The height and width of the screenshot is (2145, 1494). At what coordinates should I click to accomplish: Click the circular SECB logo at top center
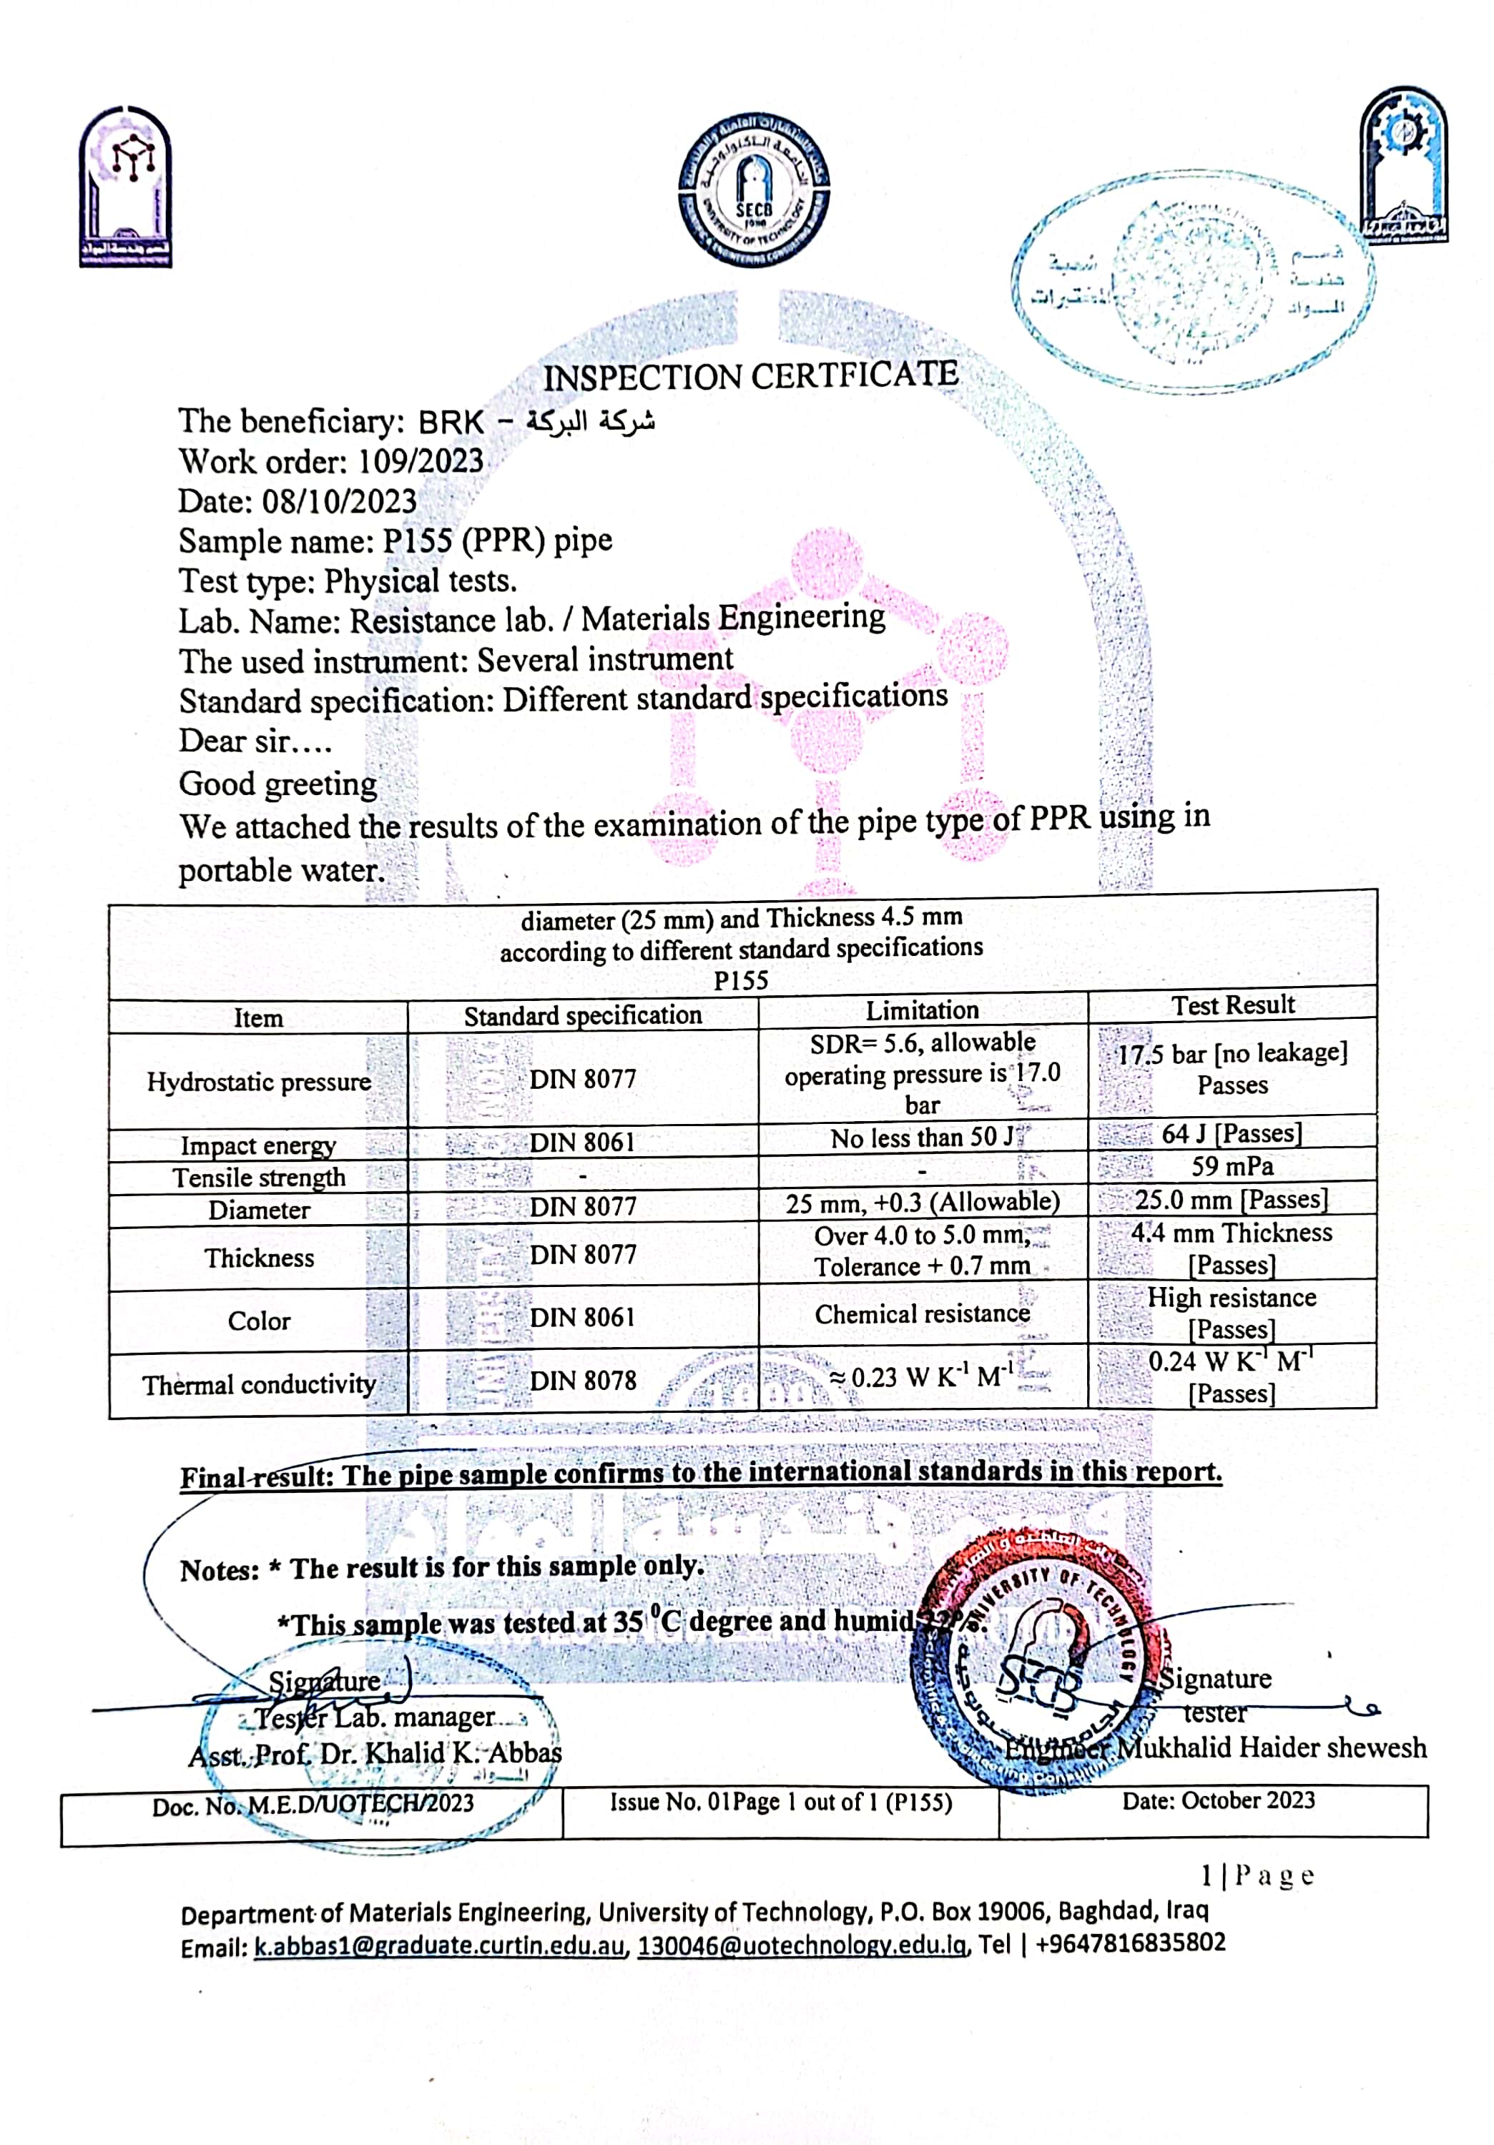pyautogui.click(x=753, y=192)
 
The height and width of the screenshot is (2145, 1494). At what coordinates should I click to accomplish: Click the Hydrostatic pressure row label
pyautogui.click(x=259, y=1082)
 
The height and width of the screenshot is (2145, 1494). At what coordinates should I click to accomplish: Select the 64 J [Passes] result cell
pyautogui.click(x=1232, y=1133)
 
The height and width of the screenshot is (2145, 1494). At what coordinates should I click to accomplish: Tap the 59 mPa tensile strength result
pyautogui.click(x=1232, y=1166)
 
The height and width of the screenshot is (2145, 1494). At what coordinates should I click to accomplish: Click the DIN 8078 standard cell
pyautogui.click(x=582, y=1380)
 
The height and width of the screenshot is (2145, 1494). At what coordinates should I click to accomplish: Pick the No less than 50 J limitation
pyautogui.click(x=922, y=1138)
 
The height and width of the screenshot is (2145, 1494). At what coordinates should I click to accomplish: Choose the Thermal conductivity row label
pyautogui.click(x=259, y=1384)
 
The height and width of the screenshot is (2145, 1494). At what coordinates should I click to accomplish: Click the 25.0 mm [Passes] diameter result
pyautogui.click(x=1232, y=1198)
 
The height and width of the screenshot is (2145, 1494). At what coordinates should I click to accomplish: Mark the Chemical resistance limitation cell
pyautogui.click(x=922, y=1314)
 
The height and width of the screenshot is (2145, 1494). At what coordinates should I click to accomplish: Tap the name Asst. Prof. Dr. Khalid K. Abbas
pyautogui.click(x=375, y=1754)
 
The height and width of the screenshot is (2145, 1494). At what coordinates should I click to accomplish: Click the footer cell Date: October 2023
pyautogui.click(x=1219, y=1800)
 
